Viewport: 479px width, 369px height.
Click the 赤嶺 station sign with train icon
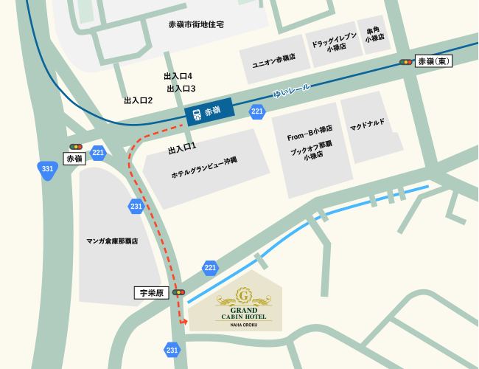209,112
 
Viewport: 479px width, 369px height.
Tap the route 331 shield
48,170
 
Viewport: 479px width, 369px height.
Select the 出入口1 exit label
182,149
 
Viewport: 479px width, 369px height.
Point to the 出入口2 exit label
138,100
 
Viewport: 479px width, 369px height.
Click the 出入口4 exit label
178,76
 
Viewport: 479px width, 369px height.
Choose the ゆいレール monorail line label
292,91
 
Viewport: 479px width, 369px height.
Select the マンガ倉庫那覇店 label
112,241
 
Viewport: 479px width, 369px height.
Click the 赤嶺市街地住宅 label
196,24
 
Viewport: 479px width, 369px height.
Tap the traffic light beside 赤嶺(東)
405,62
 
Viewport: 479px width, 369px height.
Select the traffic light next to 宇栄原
178,292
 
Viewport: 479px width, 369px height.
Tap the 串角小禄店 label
374,35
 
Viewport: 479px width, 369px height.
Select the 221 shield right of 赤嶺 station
256,112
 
